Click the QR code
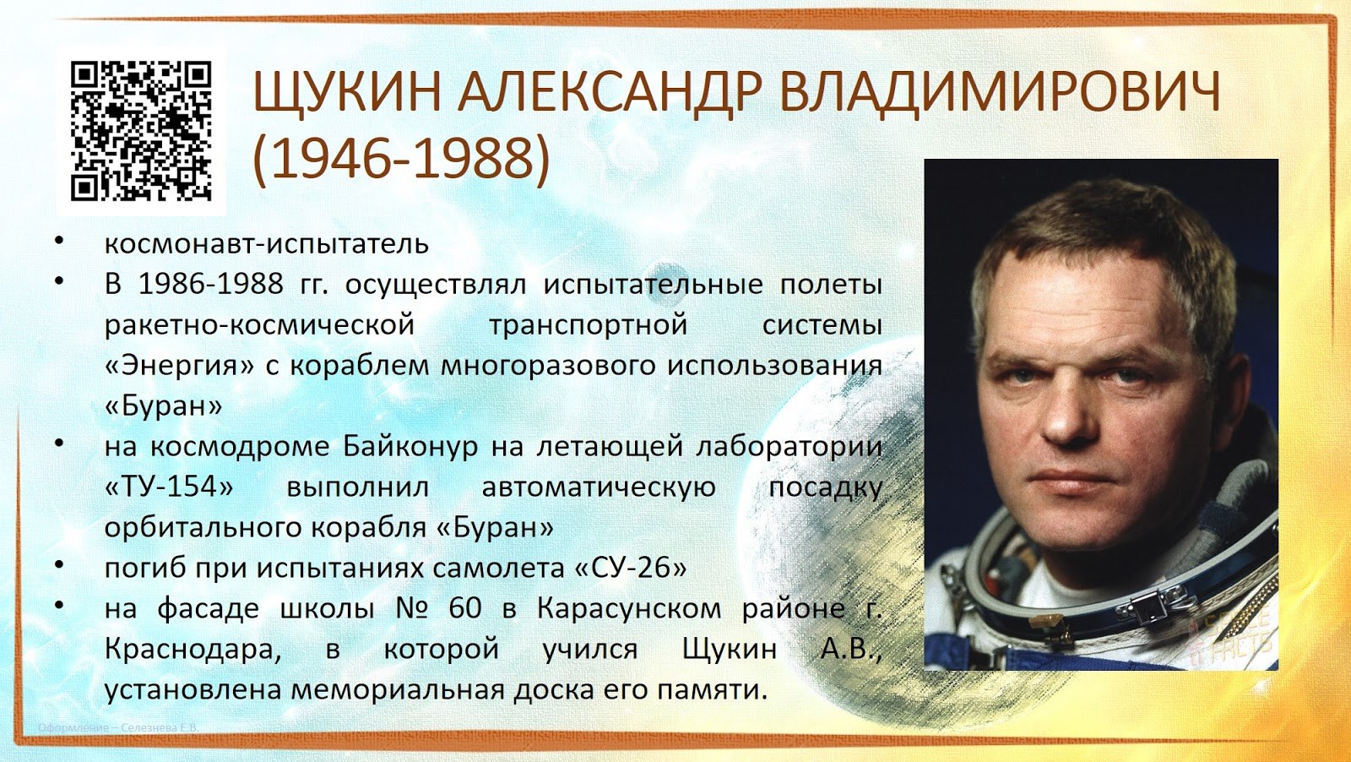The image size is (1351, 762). (141, 131)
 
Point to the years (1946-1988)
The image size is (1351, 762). (402, 158)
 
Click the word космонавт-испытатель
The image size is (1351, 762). (267, 244)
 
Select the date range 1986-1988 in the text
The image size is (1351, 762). (211, 284)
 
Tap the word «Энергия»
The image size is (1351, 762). (180, 366)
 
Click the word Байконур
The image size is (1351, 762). (410, 446)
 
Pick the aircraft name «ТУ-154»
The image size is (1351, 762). (170, 487)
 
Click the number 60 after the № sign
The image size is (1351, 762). (465, 608)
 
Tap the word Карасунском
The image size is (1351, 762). (629, 609)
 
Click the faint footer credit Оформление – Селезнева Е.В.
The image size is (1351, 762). (118, 727)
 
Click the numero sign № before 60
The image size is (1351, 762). (413, 608)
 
